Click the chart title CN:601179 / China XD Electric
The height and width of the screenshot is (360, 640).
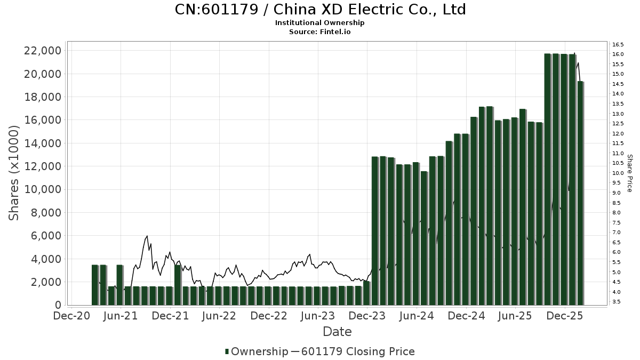click(320, 10)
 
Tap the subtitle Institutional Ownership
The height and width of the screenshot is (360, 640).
click(320, 23)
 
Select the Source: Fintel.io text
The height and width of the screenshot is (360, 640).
click(320, 32)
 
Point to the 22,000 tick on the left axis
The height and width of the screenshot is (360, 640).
click(42, 51)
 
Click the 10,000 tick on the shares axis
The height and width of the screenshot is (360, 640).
click(42, 189)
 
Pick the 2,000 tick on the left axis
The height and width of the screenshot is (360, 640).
click(45, 282)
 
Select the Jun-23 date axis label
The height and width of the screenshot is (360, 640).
click(318, 316)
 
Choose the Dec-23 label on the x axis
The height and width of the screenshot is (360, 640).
click(368, 316)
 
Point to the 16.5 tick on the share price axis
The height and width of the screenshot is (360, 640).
click(618, 44)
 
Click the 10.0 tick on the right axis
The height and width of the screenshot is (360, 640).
click(618, 173)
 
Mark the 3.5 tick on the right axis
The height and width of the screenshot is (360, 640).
click(617, 302)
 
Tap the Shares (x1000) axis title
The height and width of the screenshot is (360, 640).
click(14, 173)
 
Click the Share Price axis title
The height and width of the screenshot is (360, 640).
click(629, 173)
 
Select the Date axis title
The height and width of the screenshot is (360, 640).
click(337, 332)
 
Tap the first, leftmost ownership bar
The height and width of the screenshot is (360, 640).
click(95, 285)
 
